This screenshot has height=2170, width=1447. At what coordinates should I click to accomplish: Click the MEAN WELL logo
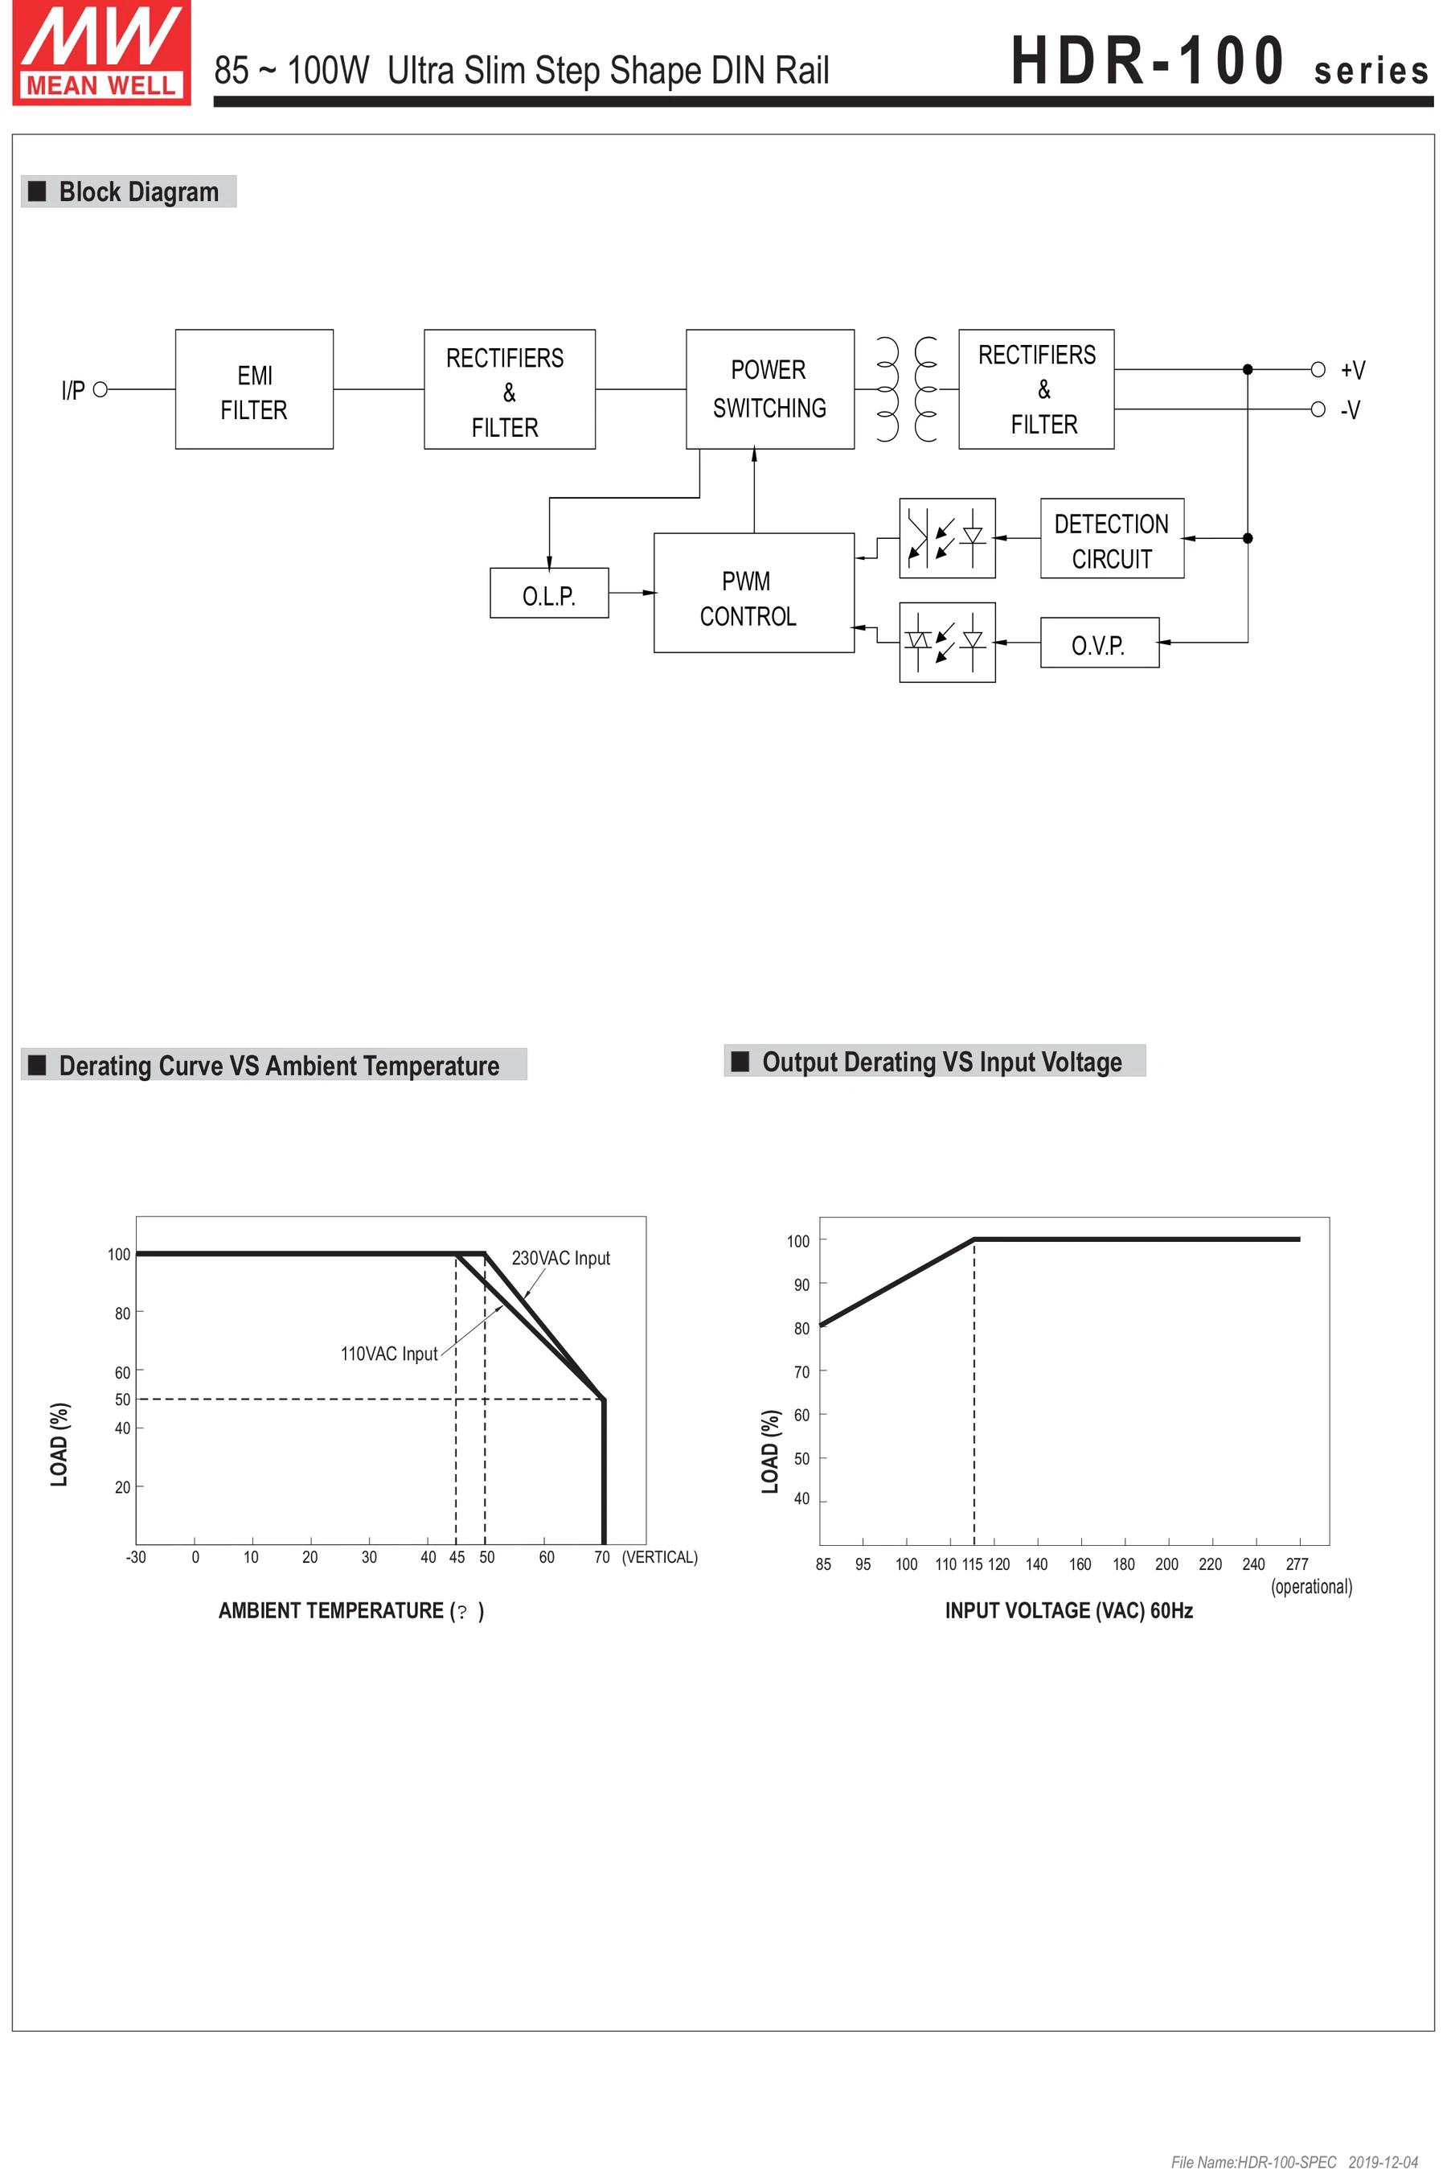(x=101, y=52)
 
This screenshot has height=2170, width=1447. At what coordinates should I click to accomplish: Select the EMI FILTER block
(x=254, y=389)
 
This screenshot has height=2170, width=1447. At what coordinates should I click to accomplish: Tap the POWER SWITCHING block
(x=769, y=389)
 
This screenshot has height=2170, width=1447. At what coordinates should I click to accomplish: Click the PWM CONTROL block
(x=753, y=593)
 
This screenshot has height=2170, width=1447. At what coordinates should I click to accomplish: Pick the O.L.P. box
(x=549, y=594)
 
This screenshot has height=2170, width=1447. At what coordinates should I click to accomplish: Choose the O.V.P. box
(x=1098, y=643)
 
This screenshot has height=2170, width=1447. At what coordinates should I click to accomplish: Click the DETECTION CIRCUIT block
(x=1111, y=539)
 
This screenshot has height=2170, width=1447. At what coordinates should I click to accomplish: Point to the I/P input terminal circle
(x=100, y=389)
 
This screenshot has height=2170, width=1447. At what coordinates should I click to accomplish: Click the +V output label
(x=1352, y=370)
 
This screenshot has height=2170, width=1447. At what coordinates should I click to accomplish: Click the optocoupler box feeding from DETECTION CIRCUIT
(x=947, y=539)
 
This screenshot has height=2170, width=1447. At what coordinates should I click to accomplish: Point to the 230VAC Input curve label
(x=560, y=1258)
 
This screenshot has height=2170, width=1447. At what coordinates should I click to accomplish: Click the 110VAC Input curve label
(x=388, y=1354)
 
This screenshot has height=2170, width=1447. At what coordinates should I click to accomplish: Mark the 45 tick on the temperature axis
(x=457, y=1557)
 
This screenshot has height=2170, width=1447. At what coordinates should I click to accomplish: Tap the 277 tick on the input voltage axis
(x=1297, y=1564)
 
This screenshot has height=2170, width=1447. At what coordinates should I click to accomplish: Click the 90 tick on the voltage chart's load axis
(x=801, y=1284)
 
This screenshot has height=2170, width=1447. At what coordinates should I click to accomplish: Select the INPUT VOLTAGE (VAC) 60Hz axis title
(x=1068, y=1611)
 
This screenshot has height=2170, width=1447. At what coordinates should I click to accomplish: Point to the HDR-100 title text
(x=1148, y=62)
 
